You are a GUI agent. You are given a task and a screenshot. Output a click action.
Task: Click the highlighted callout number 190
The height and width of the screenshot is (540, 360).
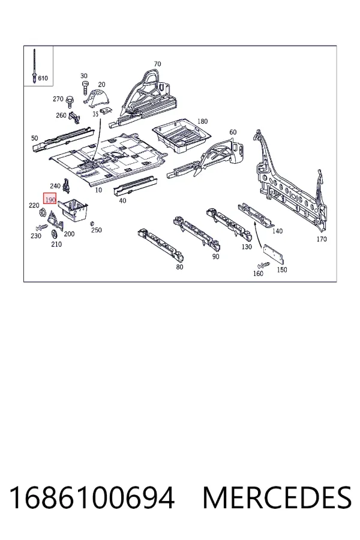click(x=50, y=199)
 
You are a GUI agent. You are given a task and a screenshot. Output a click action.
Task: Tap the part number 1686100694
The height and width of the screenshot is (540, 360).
click(x=92, y=498)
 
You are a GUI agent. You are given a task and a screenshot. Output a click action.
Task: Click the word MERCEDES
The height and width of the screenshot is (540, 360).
click(x=277, y=498)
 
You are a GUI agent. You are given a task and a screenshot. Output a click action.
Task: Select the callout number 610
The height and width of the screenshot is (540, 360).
click(x=43, y=78)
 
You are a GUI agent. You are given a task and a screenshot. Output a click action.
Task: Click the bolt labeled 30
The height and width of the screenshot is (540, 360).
click(x=85, y=88)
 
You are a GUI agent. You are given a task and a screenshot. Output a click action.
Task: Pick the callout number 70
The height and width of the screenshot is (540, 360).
click(x=157, y=64)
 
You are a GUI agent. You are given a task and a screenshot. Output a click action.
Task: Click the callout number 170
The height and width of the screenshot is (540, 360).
click(x=322, y=239)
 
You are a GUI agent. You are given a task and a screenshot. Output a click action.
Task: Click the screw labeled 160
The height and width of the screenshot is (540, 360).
click(x=263, y=265)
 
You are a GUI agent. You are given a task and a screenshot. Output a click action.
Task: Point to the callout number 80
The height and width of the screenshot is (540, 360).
click(x=179, y=267)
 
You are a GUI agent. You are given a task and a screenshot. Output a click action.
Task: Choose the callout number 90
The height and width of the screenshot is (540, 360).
click(x=215, y=257)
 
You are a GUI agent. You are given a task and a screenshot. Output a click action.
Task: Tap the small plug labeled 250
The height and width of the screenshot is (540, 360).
click(x=92, y=224)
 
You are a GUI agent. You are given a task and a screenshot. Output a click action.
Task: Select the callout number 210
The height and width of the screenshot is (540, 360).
click(x=56, y=244)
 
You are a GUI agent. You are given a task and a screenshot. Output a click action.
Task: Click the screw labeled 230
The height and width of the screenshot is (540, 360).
click(x=42, y=227)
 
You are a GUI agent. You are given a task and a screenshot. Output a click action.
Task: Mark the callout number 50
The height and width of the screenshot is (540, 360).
click(x=34, y=138)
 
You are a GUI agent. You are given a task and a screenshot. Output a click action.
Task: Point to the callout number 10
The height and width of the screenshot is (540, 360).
click(x=98, y=190)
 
